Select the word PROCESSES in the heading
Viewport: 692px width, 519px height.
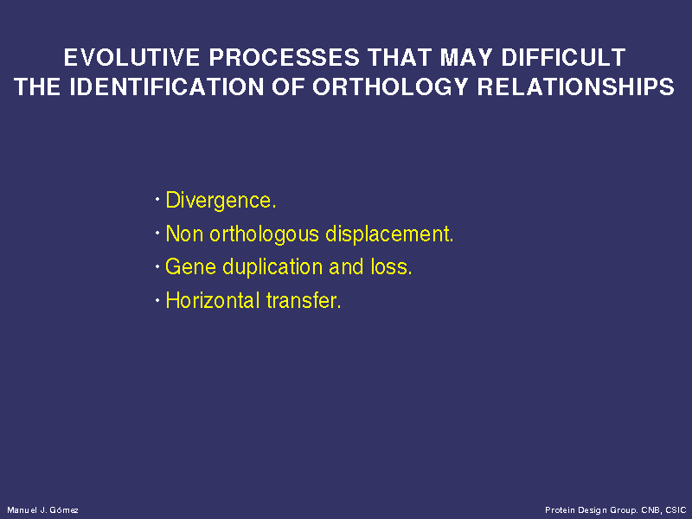(x=284, y=57)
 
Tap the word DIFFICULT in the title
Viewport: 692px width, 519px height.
(x=563, y=57)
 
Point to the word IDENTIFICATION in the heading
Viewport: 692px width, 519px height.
(x=167, y=86)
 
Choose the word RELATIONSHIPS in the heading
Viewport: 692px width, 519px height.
(x=576, y=86)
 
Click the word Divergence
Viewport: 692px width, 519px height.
(x=221, y=201)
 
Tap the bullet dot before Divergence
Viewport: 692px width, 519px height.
(x=157, y=200)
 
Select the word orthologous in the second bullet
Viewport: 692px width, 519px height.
(x=264, y=234)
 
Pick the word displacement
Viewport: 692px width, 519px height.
(x=389, y=234)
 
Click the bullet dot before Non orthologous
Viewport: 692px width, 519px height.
(x=157, y=233)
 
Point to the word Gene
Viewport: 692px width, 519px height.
(x=190, y=266)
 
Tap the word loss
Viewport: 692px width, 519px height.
(x=391, y=266)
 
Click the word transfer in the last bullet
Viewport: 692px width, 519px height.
(x=304, y=300)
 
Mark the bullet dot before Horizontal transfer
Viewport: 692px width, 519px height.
(x=157, y=300)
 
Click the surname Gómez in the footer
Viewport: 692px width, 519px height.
(x=64, y=510)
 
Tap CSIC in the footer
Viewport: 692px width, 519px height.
(x=676, y=510)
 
